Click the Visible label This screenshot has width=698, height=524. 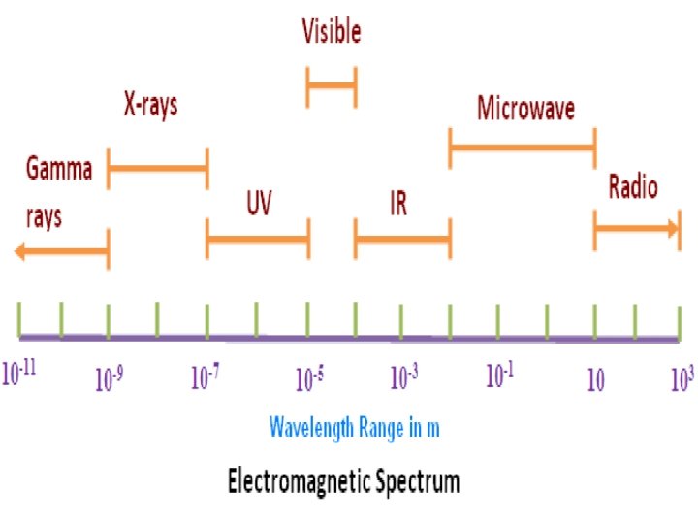click(332, 32)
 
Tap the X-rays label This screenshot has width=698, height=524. click(150, 105)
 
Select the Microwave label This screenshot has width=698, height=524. click(525, 108)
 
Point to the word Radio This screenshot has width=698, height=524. click(633, 186)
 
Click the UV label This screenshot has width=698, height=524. click(259, 204)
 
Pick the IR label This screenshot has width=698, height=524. click(397, 204)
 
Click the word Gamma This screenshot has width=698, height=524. click(59, 170)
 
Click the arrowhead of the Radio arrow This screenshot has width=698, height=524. click(672, 228)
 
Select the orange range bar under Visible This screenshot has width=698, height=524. click(332, 87)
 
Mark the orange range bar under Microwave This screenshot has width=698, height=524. click(522, 147)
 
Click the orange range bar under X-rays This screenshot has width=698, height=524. click(157, 170)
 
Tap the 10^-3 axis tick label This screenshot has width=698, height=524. click(404, 377)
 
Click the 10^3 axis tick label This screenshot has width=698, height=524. click(682, 378)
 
